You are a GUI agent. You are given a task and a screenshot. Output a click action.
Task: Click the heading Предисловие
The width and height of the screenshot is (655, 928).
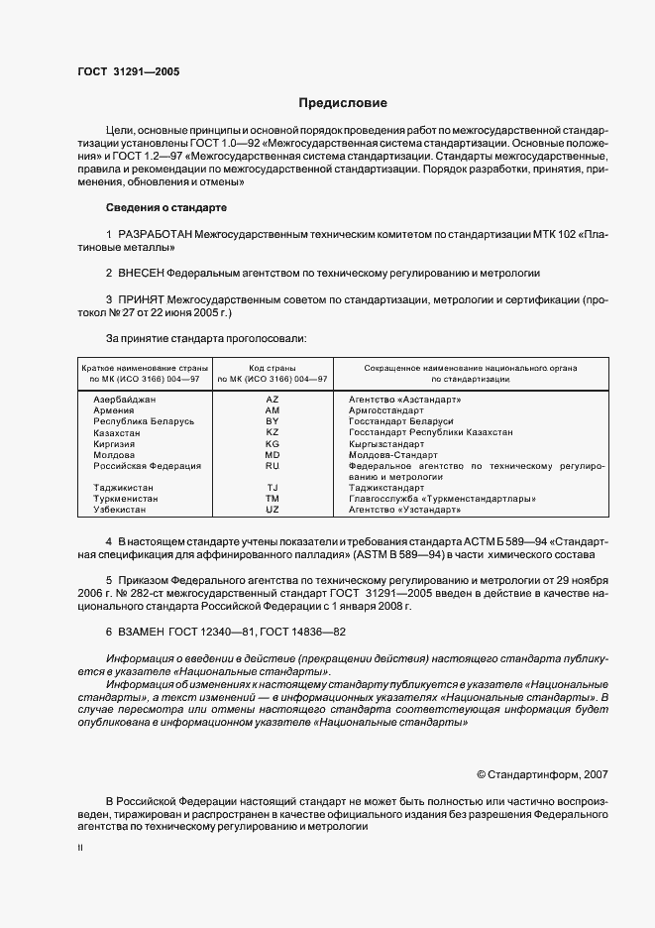(x=343, y=103)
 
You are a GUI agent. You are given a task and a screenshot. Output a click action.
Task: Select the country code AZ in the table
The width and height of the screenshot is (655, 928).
(x=273, y=399)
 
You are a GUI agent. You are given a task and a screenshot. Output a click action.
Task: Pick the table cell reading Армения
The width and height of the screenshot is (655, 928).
(x=115, y=409)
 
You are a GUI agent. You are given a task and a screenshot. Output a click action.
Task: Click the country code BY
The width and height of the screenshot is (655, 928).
(x=273, y=421)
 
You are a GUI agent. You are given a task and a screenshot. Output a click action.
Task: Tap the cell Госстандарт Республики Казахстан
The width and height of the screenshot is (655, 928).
(x=430, y=432)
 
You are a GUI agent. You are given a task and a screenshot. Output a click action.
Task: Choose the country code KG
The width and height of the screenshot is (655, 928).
(x=273, y=443)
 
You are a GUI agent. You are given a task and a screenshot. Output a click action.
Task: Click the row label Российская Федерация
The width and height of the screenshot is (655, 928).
(x=147, y=465)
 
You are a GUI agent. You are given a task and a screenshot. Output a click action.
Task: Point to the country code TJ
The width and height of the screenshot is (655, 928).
(x=273, y=487)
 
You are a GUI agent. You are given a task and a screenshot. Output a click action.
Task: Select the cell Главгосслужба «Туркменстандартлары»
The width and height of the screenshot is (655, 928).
(x=442, y=498)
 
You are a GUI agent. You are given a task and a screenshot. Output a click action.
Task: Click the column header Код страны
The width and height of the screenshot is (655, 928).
(x=273, y=368)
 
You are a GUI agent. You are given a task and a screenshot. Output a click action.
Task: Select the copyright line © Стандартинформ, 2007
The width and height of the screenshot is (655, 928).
(x=543, y=772)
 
